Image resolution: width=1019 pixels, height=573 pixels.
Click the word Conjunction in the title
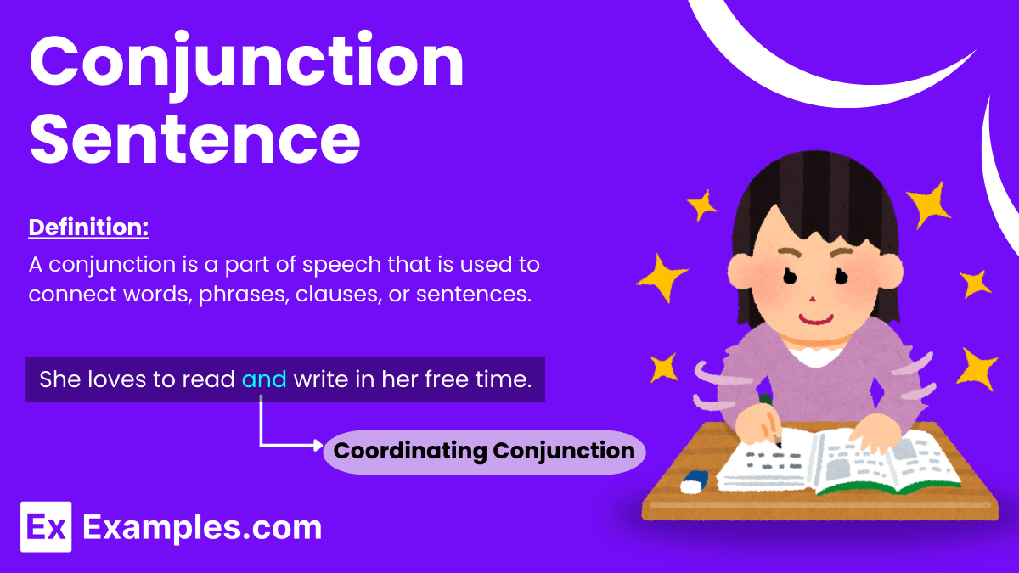click(x=246, y=64)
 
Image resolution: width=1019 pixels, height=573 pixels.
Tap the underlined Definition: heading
click(x=89, y=228)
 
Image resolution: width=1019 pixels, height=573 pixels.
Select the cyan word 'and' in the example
click(x=264, y=379)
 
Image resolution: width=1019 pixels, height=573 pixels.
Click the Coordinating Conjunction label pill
click(x=484, y=450)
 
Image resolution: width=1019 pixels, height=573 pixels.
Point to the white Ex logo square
click(x=46, y=526)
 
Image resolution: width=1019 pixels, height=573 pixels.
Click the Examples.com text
click(x=202, y=527)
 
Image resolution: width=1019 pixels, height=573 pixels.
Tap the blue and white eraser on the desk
click(x=694, y=481)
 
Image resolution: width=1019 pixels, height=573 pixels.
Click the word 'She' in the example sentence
click(x=59, y=379)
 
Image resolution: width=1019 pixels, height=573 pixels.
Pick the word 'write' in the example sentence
click(x=320, y=379)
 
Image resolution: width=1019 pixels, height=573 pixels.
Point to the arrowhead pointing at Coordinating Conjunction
click(x=318, y=444)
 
